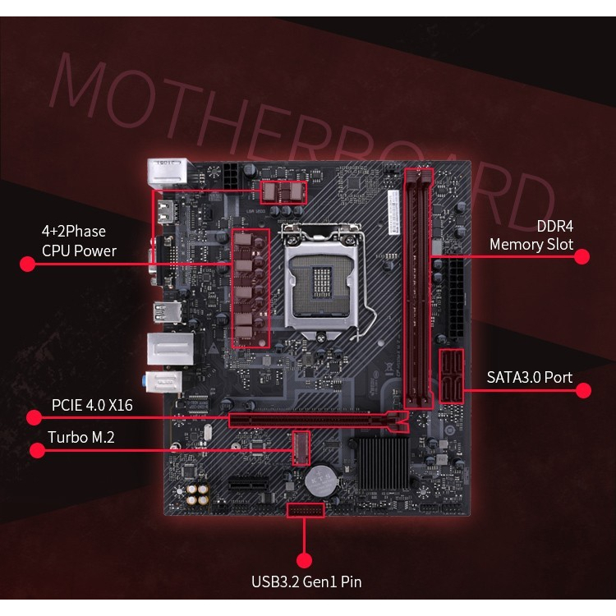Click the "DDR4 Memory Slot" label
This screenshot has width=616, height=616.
click(531, 235)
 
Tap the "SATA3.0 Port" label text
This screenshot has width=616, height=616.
click(529, 378)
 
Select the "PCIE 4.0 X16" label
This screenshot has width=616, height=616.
click(92, 405)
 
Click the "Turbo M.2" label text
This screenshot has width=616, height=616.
click(80, 438)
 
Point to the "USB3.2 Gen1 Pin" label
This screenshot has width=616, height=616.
click(306, 582)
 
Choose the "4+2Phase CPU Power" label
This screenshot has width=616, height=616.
click(79, 241)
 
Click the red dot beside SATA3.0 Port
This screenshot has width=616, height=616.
click(583, 390)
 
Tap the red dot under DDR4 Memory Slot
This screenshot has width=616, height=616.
click(582, 256)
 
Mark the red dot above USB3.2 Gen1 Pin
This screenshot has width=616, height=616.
click(305, 561)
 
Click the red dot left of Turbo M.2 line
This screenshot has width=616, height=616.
click(36, 450)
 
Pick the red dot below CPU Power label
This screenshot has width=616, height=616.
click(27, 264)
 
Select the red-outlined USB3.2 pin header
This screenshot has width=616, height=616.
click(306, 510)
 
